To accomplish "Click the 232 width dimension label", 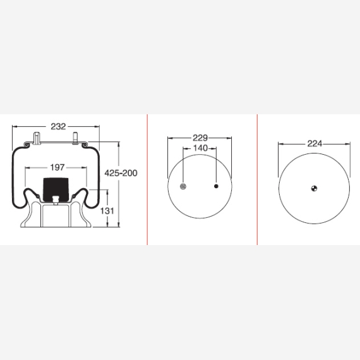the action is [x=58, y=126].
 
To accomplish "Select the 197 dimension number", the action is [x=57, y=167].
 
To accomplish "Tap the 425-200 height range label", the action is [x=121, y=173].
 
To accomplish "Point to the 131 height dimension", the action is [x=107, y=211].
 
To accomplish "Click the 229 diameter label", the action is [x=200, y=138].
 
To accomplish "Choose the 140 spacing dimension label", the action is [x=200, y=148].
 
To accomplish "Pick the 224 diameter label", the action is [x=315, y=144].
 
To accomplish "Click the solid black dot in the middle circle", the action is [x=216, y=186].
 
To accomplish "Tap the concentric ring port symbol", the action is [x=183, y=186].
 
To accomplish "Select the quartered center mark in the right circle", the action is [x=314, y=188].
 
